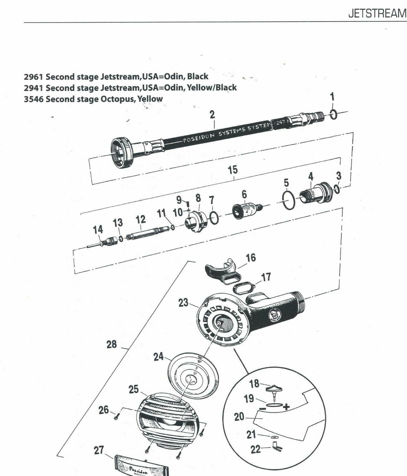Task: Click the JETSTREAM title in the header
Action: pyautogui.click(x=377, y=13)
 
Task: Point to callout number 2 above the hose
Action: pyautogui.click(x=212, y=115)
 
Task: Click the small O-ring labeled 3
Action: pyautogui.click(x=337, y=189)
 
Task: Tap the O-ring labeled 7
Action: pyautogui.click(x=214, y=218)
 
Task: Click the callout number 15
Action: pyautogui.click(x=233, y=170)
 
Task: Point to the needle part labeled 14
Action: pyautogui.click(x=101, y=242)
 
